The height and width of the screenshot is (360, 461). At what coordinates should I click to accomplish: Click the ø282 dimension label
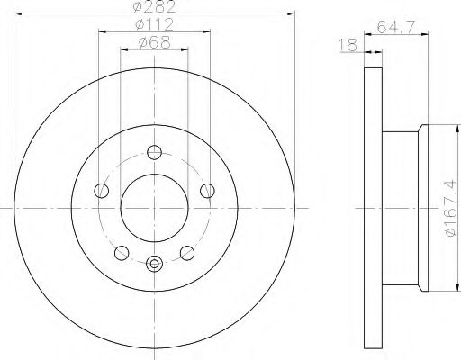(154, 6)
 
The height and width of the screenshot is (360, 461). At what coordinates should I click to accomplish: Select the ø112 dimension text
(155, 24)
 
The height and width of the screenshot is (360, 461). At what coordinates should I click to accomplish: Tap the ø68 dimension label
(155, 42)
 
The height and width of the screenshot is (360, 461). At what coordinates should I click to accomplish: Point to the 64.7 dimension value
(395, 27)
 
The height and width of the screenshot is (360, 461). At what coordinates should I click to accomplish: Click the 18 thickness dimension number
(348, 45)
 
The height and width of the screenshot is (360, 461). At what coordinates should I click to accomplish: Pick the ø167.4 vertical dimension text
(451, 209)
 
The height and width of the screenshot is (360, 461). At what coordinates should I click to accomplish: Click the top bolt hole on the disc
(154, 152)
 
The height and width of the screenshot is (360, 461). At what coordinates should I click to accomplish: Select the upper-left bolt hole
(101, 191)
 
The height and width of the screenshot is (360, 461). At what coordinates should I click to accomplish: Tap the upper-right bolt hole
(207, 191)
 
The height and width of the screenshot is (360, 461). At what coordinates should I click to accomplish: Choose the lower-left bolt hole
(122, 253)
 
